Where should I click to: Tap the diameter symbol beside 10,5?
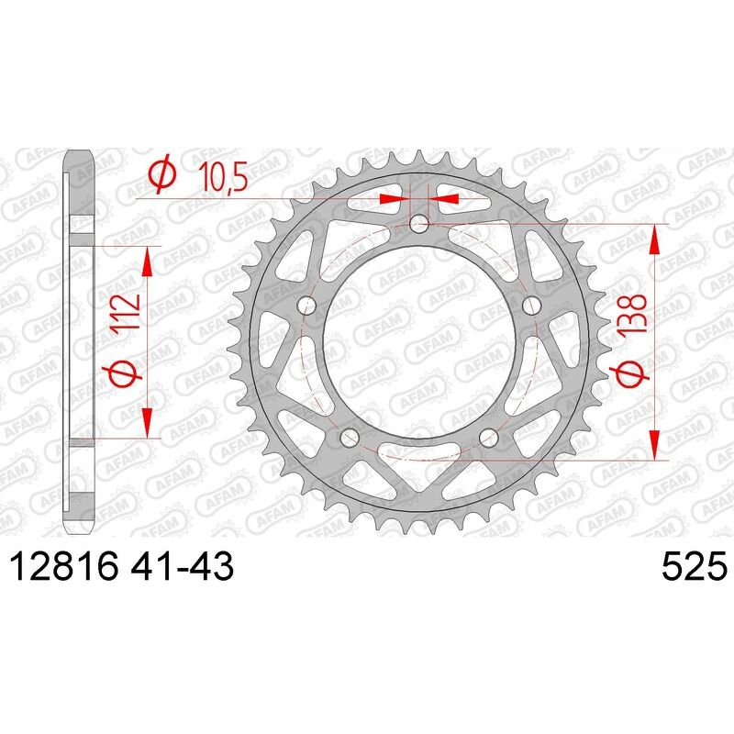tap(161, 175)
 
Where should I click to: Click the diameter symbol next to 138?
tap(631, 376)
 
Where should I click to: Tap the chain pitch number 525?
tap(693, 568)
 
